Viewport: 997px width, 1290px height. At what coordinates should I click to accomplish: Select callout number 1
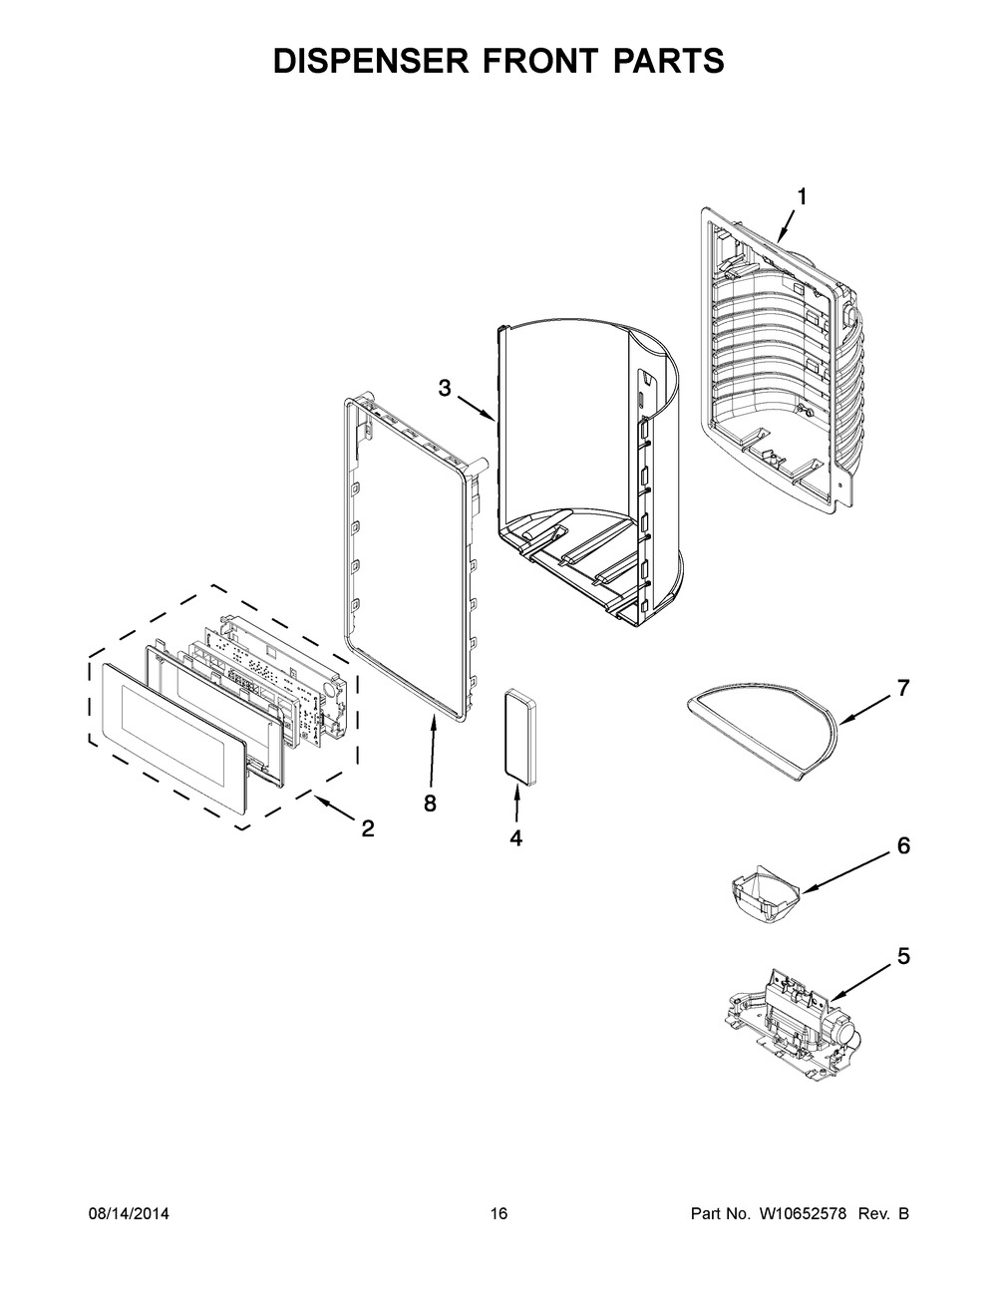pos(801,197)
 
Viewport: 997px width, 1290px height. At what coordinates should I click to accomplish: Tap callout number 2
pos(368,828)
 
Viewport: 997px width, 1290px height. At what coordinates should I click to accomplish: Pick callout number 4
pos(515,838)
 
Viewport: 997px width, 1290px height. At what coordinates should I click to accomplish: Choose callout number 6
pos(903,846)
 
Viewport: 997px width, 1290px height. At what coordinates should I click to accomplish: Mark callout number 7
pos(903,688)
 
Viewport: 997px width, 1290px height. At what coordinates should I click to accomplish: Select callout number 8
pos(430,805)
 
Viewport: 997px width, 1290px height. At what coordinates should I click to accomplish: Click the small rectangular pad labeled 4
pos(515,730)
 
